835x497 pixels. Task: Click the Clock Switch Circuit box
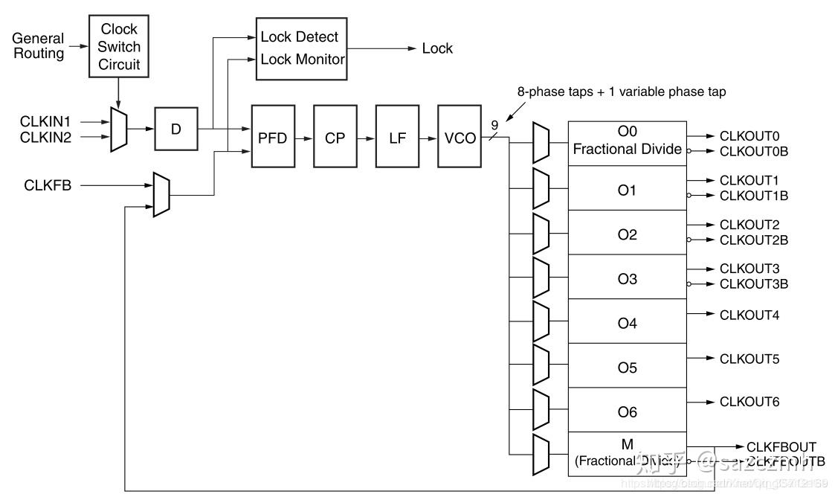coord(119,46)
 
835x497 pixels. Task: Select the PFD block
coord(273,138)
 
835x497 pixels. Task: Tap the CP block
coord(335,138)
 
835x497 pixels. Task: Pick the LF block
coord(398,138)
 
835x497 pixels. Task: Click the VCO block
coord(460,138)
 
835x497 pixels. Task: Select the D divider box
coord(176,129)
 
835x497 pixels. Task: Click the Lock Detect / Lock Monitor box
coord(302,48)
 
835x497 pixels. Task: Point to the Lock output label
coord(437,48)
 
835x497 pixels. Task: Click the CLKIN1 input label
coord(45,120)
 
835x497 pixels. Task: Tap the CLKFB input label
coord(48,186)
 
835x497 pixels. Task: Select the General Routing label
coord(39,45)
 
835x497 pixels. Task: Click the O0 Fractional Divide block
coord(628,141)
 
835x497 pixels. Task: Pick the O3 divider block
coord(628,279)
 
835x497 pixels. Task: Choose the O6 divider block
coord(628,411)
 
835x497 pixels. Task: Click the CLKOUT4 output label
coord(749,315)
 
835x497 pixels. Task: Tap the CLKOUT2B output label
coord(753,240)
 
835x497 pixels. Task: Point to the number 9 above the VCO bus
coord(494,125)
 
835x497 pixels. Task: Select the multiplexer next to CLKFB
coord(161,194)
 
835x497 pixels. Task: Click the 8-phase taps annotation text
coord(622,92)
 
